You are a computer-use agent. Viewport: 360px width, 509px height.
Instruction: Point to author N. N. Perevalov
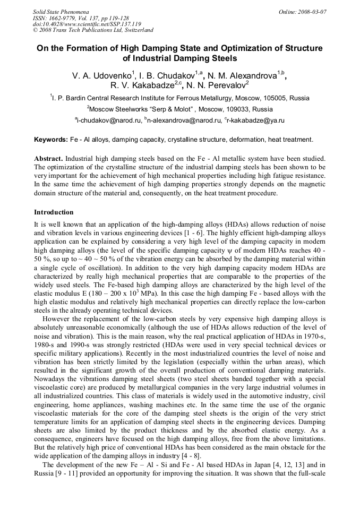tap(218, 85)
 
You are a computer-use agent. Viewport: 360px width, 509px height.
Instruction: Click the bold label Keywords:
tap(51, 140)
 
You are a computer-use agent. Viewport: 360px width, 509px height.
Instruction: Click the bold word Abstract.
tap(49, 159)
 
